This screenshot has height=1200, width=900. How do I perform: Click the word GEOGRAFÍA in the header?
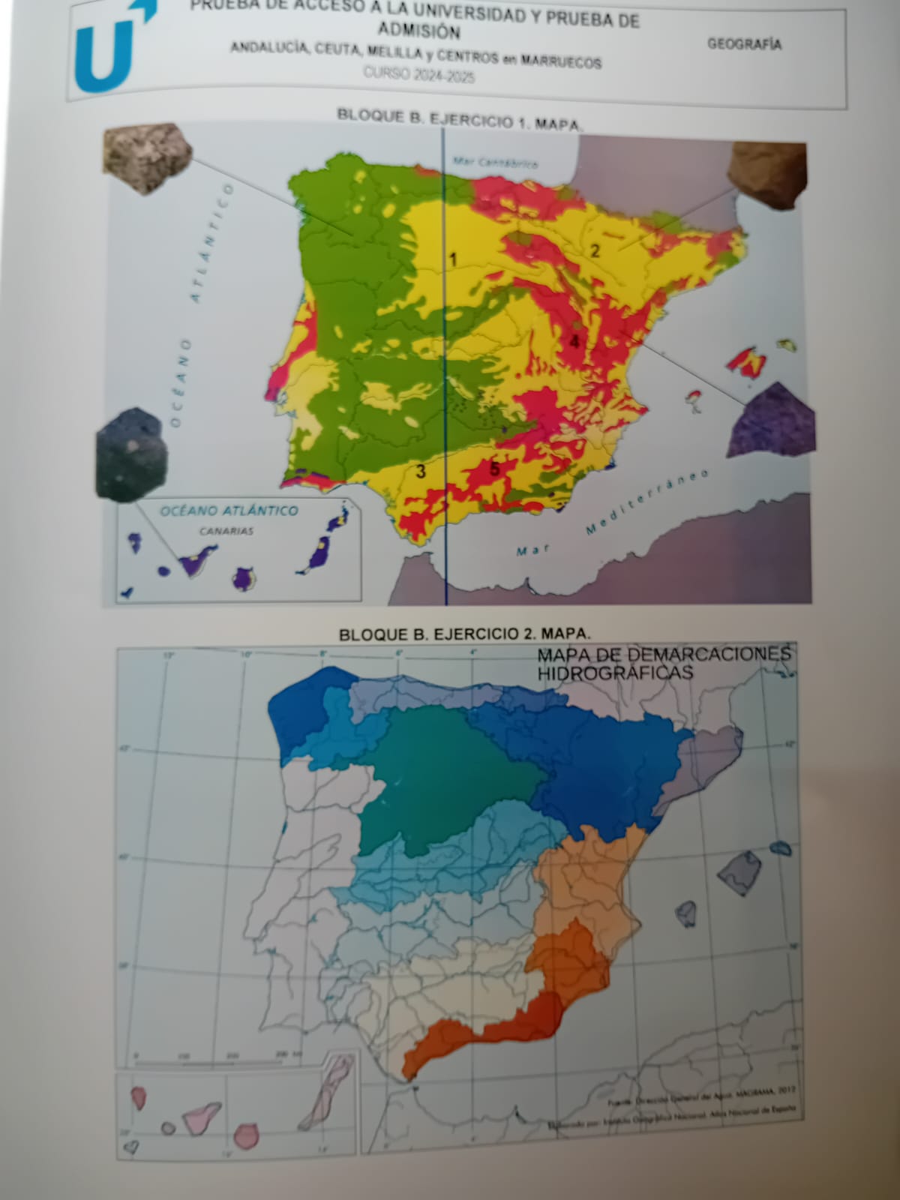(744, 44)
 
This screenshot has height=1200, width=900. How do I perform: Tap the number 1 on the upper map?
(453, 260)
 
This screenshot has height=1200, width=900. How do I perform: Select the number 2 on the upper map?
(595, 250)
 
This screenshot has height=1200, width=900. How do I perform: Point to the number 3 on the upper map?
(421, 471)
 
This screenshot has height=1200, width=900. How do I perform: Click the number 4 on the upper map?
(574, 341)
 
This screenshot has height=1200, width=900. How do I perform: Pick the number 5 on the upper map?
(494, 469)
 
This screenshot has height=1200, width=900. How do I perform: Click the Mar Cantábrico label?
(495, 162)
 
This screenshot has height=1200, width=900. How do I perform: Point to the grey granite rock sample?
(147, 157)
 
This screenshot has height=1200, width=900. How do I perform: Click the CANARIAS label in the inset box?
(226, 531)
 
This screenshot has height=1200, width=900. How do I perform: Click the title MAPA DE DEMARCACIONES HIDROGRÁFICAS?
(663, 663)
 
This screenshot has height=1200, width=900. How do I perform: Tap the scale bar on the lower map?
(217, 1062)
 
